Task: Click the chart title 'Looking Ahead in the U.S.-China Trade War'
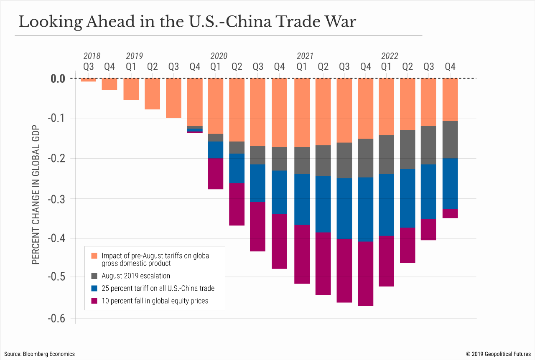pyautogui.click(x=187, y=22)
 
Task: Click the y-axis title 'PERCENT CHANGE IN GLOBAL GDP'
pyautogui.click(x=36, y=195)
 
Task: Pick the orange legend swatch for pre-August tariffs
pyautogui.click(x=94, y=256)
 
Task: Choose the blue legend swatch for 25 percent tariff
pyautogui.click(x=94, y=288)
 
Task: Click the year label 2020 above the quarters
pyautogui.click(x=219, y=56)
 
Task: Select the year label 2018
pyautogui.click(x=92, y=56)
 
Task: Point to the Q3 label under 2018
pyautogui.click(x=89, y=66)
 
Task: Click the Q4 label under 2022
pyautogui.click(x=450, y=66)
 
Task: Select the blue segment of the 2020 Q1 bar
pyautogui.click(x=216, y=150)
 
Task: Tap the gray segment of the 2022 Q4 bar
pyautogui.click(x=450, y=139)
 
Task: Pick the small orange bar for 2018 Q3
pyautogui.click(x=89, y=80)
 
